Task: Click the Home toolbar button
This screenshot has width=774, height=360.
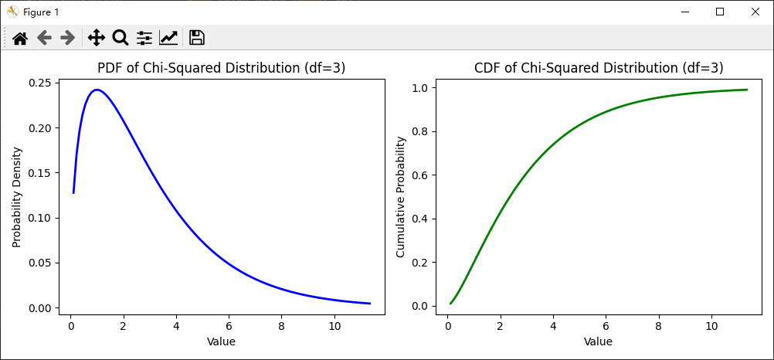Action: (19, 37)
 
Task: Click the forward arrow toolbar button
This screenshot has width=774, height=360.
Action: (67, 37)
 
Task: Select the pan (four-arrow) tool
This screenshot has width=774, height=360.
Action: (97, 37)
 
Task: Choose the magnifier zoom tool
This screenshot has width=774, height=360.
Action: (121, 37)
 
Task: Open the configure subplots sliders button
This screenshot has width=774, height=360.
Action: (144, 37)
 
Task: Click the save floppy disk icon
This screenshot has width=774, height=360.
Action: (196, 37)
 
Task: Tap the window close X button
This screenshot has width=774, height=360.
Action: (755, 12)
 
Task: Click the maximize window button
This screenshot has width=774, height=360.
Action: (720, 12)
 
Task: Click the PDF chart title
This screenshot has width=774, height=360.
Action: (221, 68)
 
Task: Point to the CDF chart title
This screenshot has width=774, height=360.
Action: (599, 68)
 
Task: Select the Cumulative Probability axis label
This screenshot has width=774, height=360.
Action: (400, 197)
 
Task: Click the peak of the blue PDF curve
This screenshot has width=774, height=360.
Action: (97, 90)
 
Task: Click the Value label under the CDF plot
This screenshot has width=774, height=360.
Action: (598, 341)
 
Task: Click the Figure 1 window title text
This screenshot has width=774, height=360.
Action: (40, 12)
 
